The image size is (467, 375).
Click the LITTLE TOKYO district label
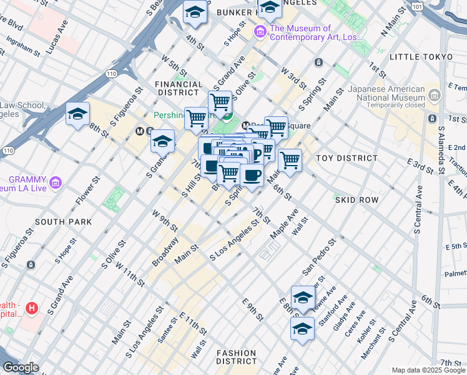pos(421,57)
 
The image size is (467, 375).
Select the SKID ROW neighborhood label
pos(356,200)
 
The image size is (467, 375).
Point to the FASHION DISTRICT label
pos(237,357)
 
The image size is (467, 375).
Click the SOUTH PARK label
pos(64,222)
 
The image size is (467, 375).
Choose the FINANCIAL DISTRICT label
pos(179,88)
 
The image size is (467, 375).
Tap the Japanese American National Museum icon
pos(435,95)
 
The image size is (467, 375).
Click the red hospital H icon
pos(32,308)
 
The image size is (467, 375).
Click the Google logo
pos(21,367)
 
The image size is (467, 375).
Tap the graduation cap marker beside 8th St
pos(77,114)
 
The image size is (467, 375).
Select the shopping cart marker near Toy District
pos(290,160)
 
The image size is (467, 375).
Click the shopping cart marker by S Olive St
pos(220,101)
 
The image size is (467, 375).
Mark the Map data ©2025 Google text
pos(426,370)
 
